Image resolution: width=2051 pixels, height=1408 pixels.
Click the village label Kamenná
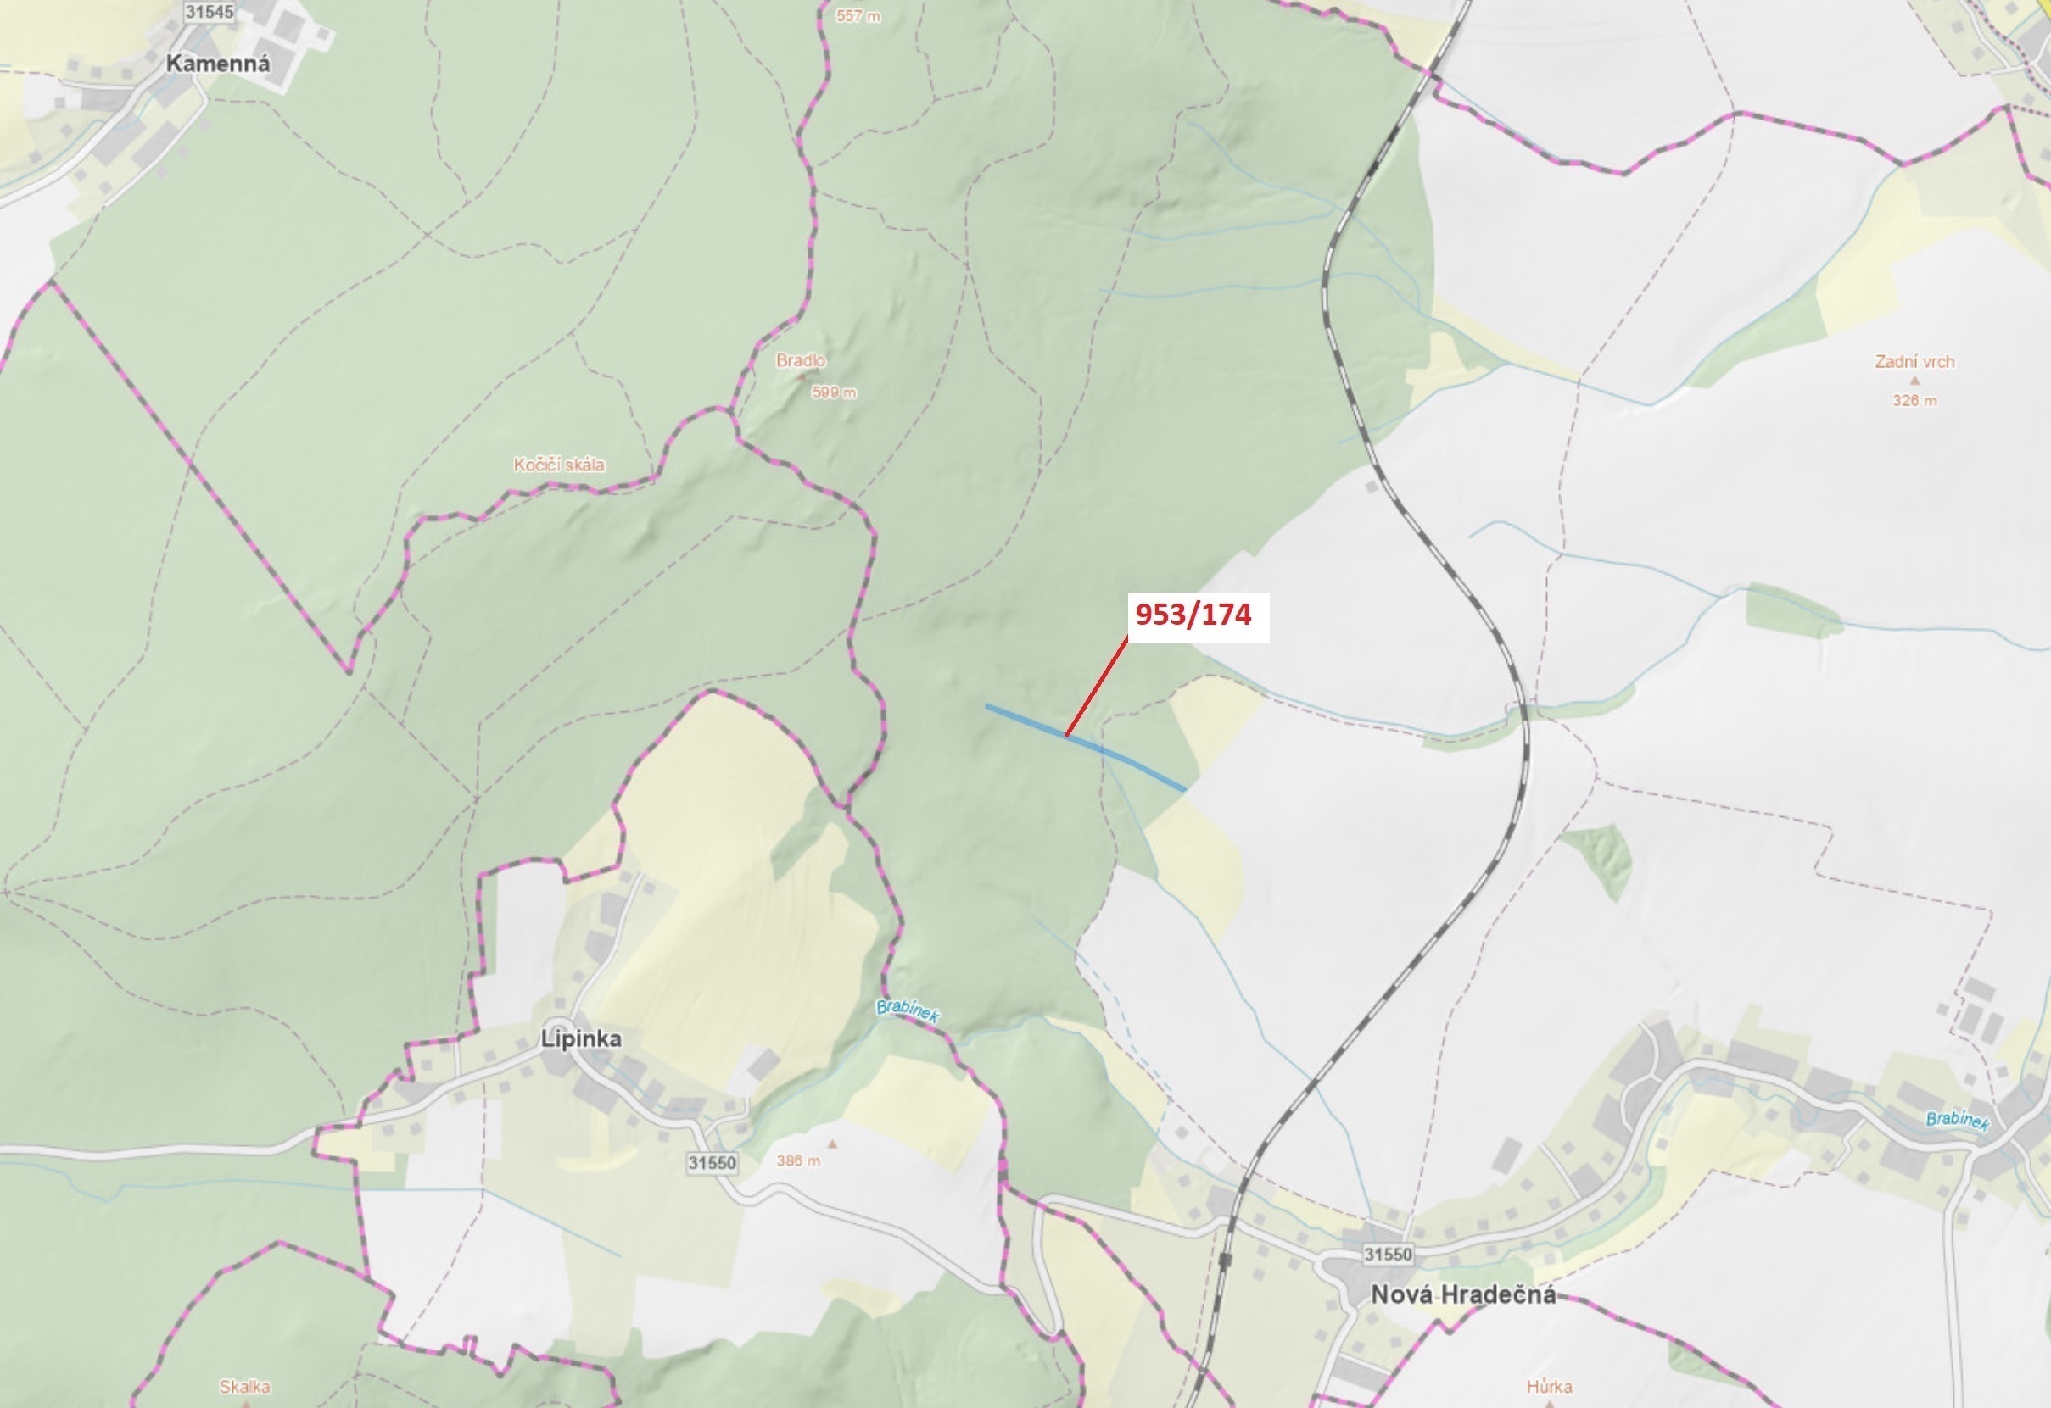(x=218, y=64)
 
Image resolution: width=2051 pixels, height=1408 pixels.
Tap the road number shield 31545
(x=210, y=12)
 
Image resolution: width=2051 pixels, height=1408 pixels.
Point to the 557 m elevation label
(x=858, y=16)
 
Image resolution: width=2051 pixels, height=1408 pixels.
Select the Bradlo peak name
(x=801, y=360)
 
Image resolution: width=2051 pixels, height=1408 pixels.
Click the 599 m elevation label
(x=833, y=392)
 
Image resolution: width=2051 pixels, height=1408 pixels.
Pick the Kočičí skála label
(x=559, y=465)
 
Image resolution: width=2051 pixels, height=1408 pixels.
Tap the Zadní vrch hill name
(x=1914, y=362)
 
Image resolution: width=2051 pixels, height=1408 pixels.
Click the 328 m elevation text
(x=1914, y=400)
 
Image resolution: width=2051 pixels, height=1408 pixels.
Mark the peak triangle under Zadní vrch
(x=1914, y=381)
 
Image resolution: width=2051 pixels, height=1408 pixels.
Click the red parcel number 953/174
(x=1193, y=615)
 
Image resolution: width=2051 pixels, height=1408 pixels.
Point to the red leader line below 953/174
(x=1096, y=687)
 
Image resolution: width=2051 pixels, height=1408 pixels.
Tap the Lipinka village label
(x=581, y=1038)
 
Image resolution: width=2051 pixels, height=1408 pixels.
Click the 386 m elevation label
(x=798, y=1161)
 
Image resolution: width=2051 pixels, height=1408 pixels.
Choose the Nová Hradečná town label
(x=1462, y=1294)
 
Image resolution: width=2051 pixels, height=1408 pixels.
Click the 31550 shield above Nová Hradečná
(x=1388, y=1254)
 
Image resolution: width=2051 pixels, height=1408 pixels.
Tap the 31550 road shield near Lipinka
(x=712, y=1163)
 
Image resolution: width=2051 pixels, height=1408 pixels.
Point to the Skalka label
(x=244, y=1387)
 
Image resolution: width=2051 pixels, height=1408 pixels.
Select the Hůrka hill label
(x=1549, y=1387)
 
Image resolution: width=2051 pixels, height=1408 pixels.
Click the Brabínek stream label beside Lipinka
(x=908, y=1011)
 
